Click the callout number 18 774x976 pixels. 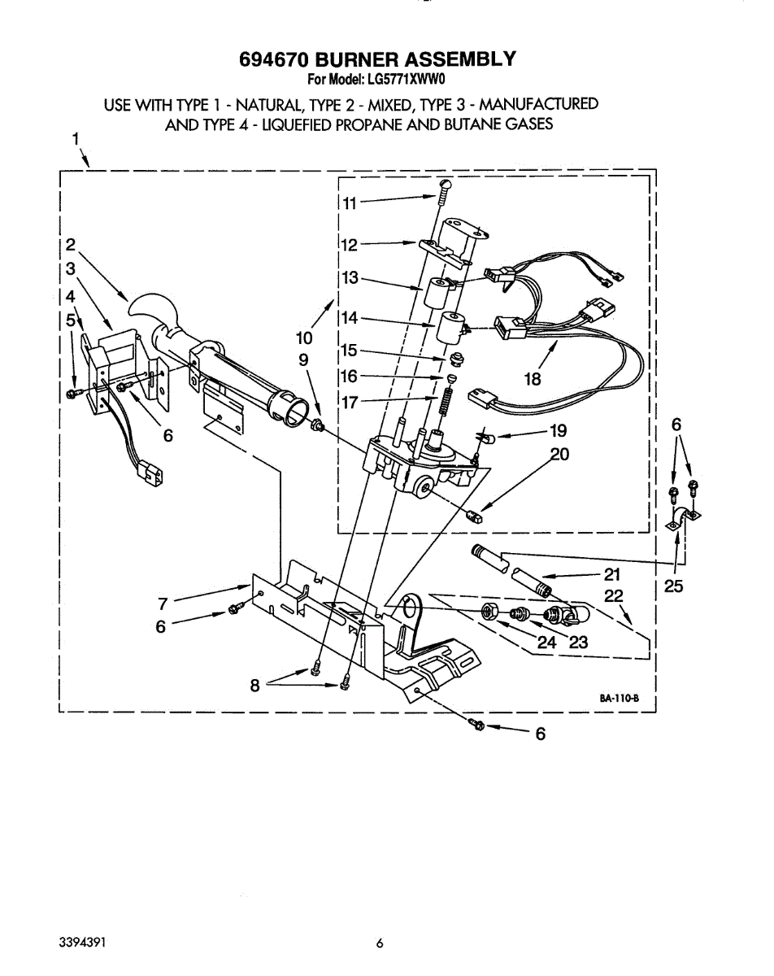coord(533,378)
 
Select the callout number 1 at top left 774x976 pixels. coord(76,139)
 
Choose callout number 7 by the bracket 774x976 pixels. coord(163,603)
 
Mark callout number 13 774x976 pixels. coord(350,278)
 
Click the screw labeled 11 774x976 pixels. coord(444,193)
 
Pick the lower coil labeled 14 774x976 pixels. coord(450,329)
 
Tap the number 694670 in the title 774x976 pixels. coord(274,59)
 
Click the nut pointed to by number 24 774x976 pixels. coord(490,611)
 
